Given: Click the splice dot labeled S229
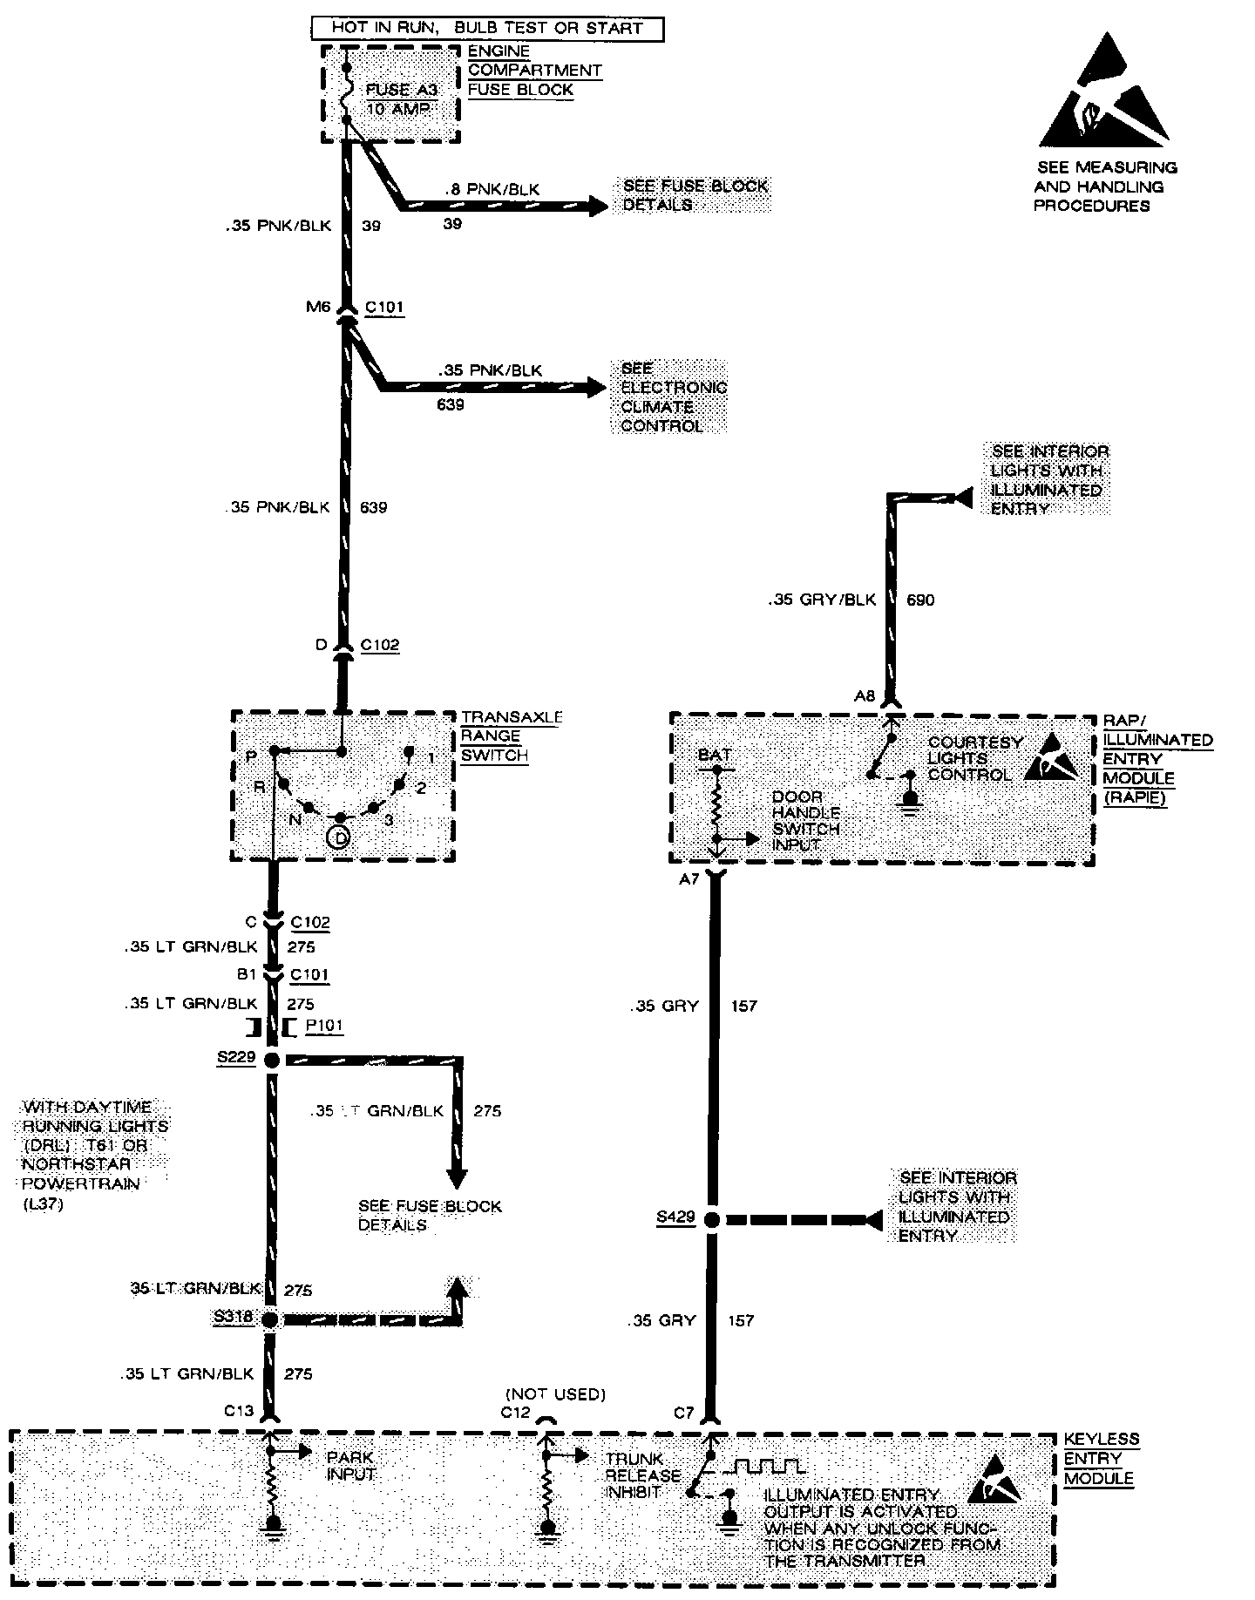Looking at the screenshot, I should coord(271,1060).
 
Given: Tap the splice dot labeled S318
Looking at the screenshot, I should coord(270,1319).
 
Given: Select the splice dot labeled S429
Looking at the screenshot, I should coord(711,1220).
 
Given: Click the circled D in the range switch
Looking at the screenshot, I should coord(340,837).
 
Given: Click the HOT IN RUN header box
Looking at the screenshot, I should coord(487,28).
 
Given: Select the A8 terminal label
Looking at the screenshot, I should coord(864,695).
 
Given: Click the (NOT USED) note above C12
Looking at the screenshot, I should coord(555,1394).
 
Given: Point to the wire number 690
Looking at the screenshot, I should coord(920,600).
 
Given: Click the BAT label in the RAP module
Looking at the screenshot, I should coord(715,755).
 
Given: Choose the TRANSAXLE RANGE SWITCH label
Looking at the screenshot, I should coord(511,736).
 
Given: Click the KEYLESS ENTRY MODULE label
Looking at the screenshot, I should coord(1101,1459).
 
